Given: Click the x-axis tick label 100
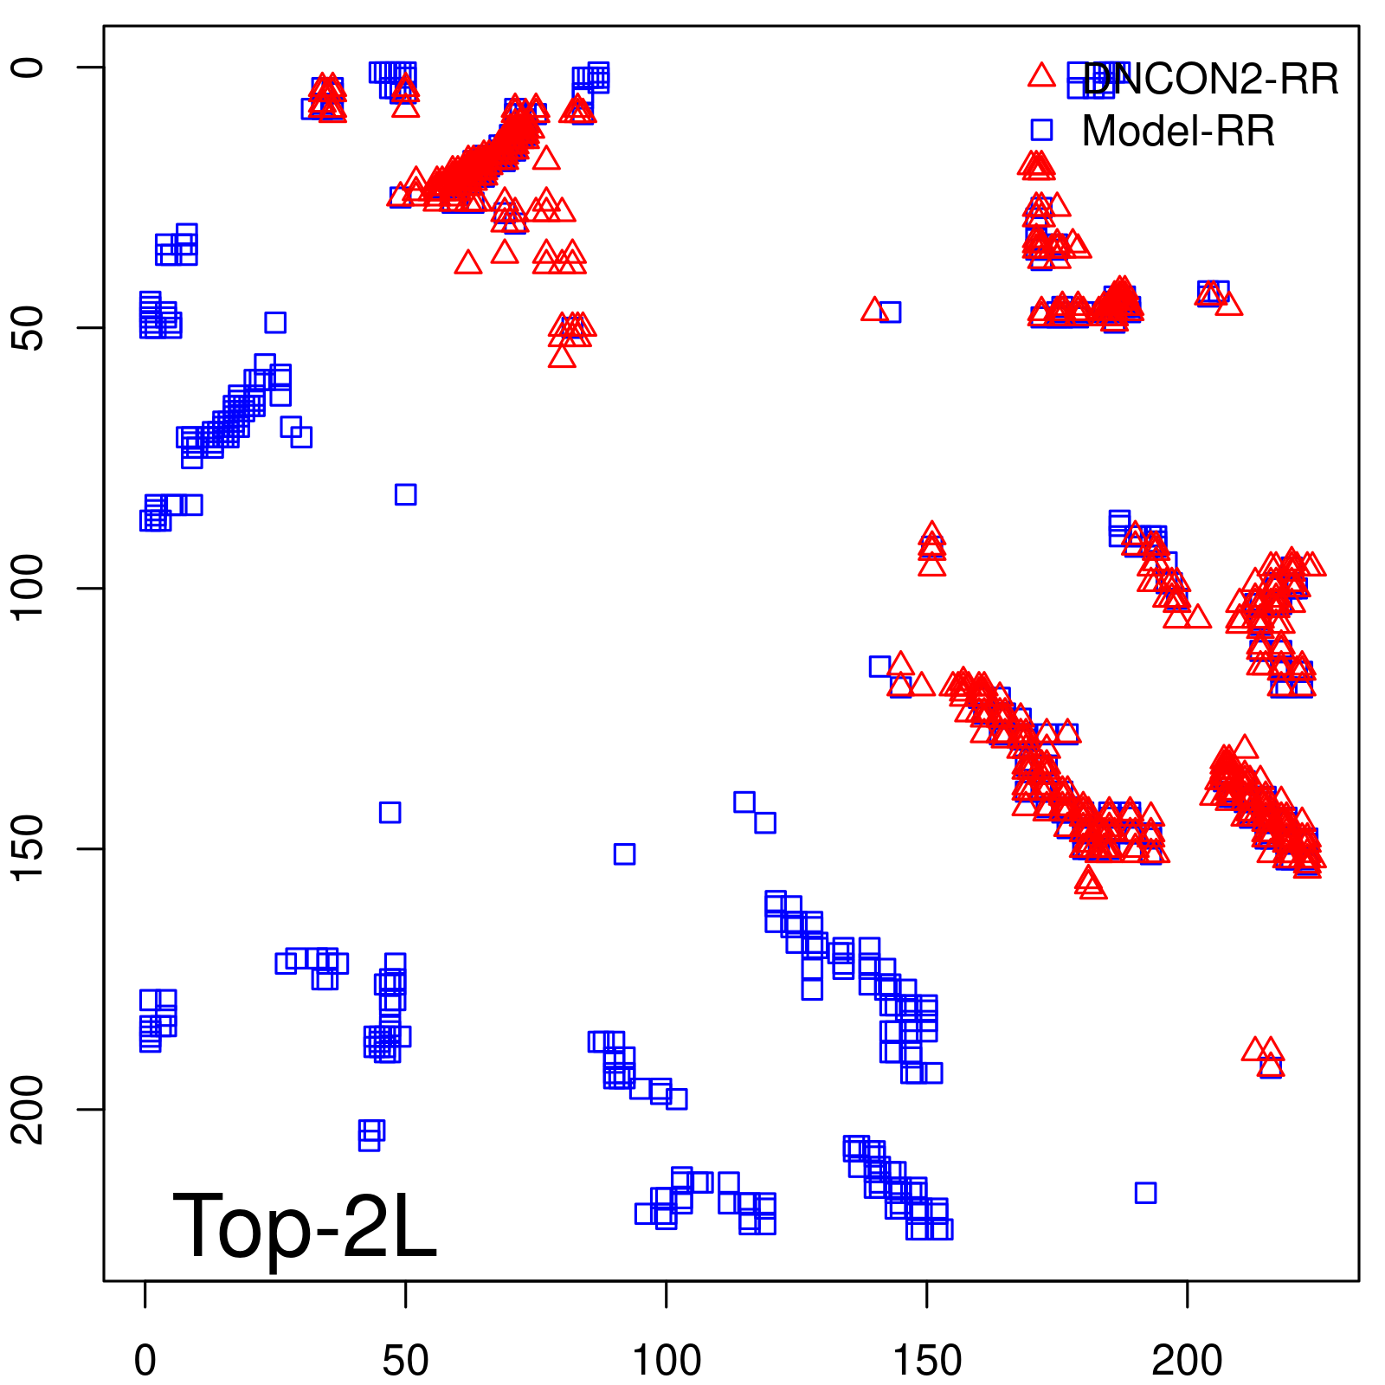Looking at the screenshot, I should coord(667,1361).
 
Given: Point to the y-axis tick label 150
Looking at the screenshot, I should coord(29,848).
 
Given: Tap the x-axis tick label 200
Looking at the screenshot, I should coord(1187,1361).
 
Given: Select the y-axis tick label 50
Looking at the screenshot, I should coord(29,327).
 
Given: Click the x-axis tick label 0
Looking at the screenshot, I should coord(145,1361).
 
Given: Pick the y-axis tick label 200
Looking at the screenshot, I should coord(29,1109).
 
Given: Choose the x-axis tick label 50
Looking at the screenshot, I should coord(406,1361).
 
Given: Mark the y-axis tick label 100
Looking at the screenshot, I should coord(29,588).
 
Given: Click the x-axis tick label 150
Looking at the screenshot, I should coord(927,1361).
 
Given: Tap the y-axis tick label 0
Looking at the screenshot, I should coord(29,68).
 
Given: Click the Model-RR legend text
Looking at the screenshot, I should coord(1178,132).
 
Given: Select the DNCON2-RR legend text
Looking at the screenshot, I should coord(1210,80).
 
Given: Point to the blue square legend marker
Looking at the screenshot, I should coord(1041,130).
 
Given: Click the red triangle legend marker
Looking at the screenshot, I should coord(1041,76).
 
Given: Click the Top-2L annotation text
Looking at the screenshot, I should coord(305,1226).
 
